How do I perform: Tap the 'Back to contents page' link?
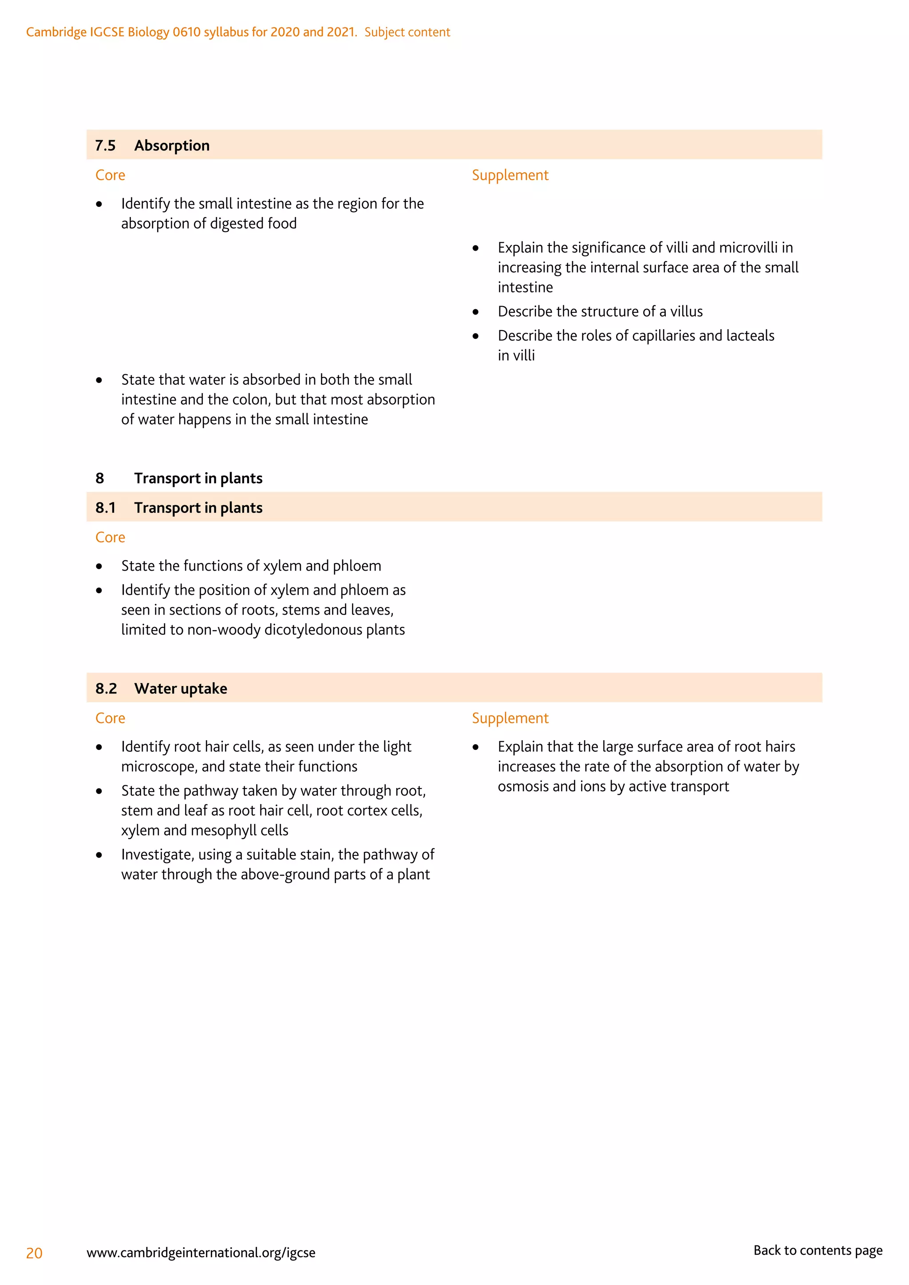[x=817, y=1250]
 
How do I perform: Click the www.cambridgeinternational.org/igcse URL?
[x=201, y=1253]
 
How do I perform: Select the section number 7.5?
[x=105, y=146]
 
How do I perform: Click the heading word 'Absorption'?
[x=172, y=146]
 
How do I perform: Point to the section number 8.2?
[x=106, y=688]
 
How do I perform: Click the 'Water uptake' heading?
[x=181, y=688]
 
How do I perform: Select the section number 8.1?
[x=105, y=508]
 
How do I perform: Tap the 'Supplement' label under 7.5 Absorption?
[x=510, y=175]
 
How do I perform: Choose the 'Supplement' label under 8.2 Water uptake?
[x=510, y=718]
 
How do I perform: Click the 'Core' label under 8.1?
[x=110, y=537]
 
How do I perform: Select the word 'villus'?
[x=686, y=312]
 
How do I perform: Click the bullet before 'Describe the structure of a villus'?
[x=476, y=312]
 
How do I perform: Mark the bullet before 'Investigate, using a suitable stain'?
[x=99, y=855]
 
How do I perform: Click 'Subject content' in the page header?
[x=407, y=32]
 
